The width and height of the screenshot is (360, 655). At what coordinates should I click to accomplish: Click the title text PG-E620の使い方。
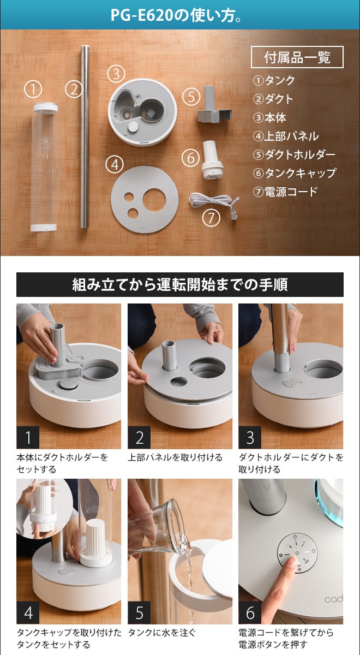179,15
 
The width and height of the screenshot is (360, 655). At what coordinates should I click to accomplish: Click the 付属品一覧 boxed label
297,57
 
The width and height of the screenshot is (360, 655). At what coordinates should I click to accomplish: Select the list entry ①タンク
274,81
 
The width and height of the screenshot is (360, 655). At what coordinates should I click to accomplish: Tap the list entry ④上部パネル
285,136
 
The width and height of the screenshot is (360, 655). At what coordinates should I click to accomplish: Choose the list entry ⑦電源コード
285,192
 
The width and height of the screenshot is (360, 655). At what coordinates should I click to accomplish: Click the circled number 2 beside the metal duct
74,88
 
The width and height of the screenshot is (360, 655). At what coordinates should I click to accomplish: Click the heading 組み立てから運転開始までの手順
179,284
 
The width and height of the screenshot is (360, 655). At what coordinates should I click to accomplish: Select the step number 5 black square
140,612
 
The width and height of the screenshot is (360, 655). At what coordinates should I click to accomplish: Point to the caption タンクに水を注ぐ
161,633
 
